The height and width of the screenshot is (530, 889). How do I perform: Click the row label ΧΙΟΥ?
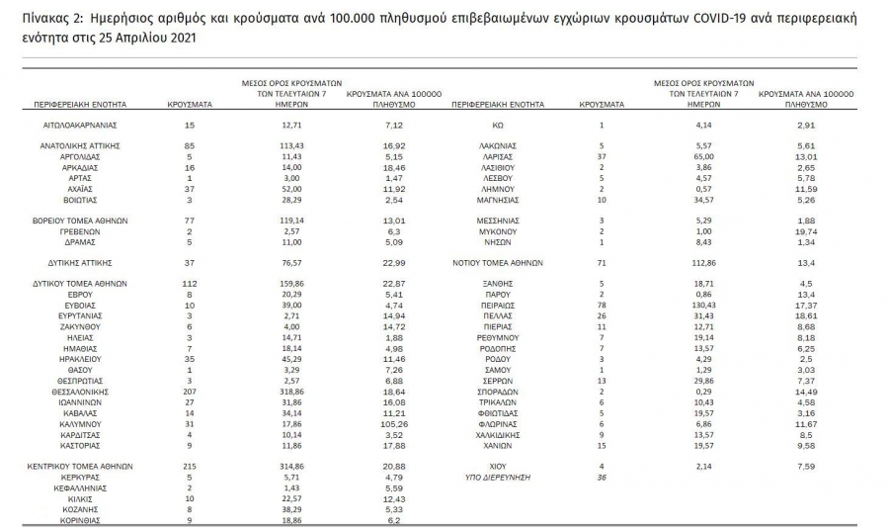498,465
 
